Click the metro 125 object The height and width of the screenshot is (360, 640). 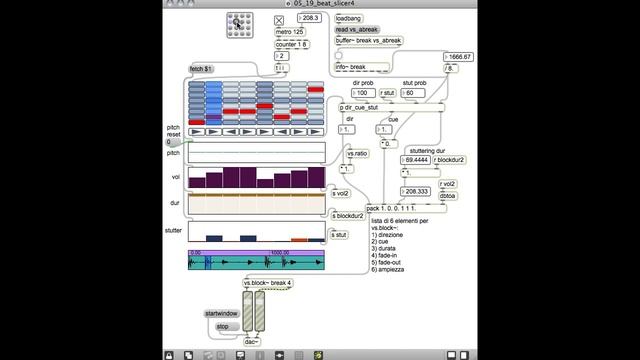289,32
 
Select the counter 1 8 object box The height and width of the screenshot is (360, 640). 292,44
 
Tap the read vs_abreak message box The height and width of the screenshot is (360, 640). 356,30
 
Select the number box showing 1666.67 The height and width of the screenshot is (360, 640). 459,57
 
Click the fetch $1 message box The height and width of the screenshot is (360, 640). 203,69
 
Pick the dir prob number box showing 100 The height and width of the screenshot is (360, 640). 366,93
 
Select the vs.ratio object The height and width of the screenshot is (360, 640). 358,153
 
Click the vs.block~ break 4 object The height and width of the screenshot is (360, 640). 268,283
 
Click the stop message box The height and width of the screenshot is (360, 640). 224,326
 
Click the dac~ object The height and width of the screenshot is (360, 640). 254,341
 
